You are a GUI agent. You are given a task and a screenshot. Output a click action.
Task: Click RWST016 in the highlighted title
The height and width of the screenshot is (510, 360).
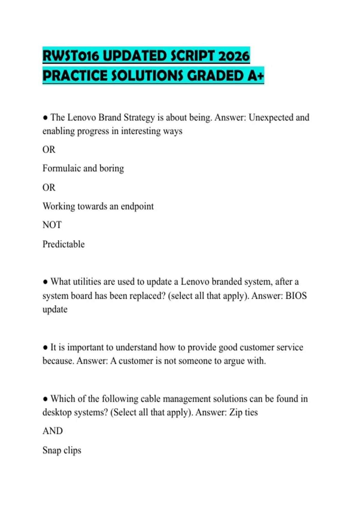[x=71, y=56]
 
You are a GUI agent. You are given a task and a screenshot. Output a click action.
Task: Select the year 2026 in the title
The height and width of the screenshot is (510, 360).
[x=234, y=56]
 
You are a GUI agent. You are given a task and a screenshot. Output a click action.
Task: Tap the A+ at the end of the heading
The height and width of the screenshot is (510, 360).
[x=256, y=76]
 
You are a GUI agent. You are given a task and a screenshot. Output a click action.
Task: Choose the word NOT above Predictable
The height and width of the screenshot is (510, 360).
[x=52, y=225]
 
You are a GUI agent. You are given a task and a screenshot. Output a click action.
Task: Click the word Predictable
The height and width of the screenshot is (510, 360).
[x=64, y=244]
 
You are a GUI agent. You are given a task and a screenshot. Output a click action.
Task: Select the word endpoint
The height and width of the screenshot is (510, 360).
[x=137, y=206]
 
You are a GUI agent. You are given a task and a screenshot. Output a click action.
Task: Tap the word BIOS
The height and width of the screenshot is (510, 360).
[x=296, y=296]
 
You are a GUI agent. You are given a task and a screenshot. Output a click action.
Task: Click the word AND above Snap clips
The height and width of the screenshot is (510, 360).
[x=52, y=431]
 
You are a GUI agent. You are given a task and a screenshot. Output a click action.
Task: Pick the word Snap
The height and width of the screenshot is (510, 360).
[x=52, y=450]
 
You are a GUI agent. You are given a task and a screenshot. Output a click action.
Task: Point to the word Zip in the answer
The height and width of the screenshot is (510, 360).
[x=236, y=412]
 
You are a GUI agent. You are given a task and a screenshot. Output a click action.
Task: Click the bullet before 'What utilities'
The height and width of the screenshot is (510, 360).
[x=45, y=282]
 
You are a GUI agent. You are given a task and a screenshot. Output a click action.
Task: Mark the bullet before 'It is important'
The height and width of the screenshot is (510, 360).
[x=45, y=348]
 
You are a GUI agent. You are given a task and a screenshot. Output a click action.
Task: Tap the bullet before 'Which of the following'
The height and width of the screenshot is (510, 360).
[x=45, y=399]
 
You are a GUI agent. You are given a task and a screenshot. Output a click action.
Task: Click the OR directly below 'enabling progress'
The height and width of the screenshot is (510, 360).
[x=49, y=149]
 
